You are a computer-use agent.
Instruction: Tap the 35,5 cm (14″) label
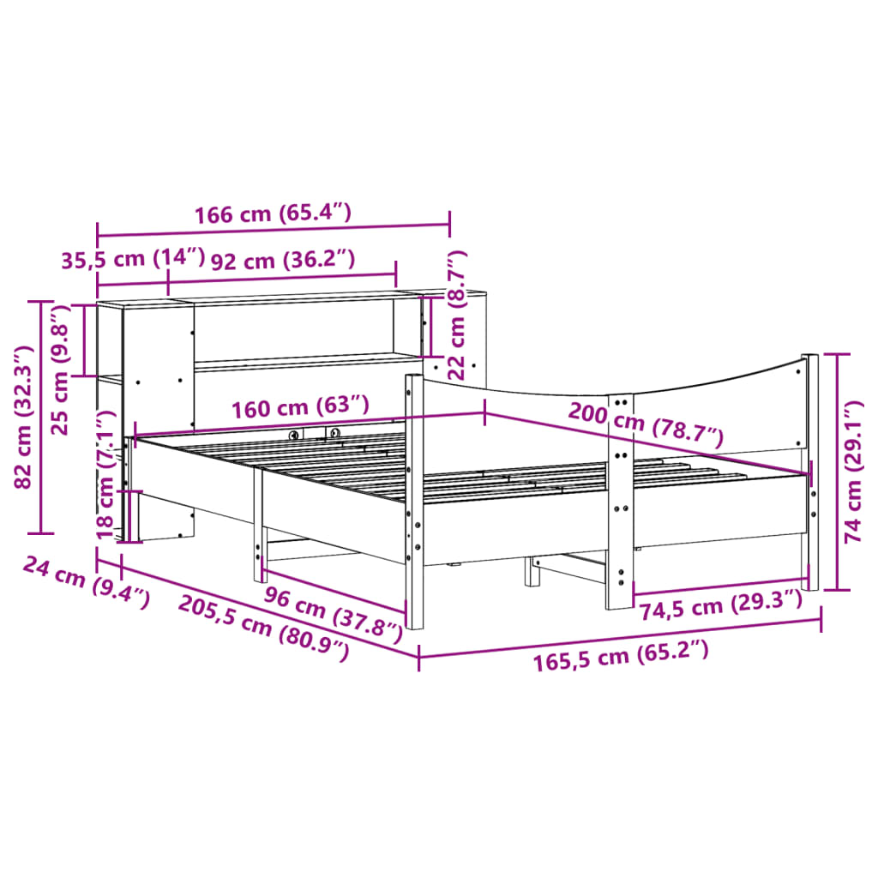[x=133, y=259]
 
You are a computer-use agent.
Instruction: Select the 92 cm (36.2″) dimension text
[x=282, y=259]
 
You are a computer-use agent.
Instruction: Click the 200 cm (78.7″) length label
[x=646, y=424]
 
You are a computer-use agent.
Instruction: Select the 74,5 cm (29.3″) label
[x=720, y=607]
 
